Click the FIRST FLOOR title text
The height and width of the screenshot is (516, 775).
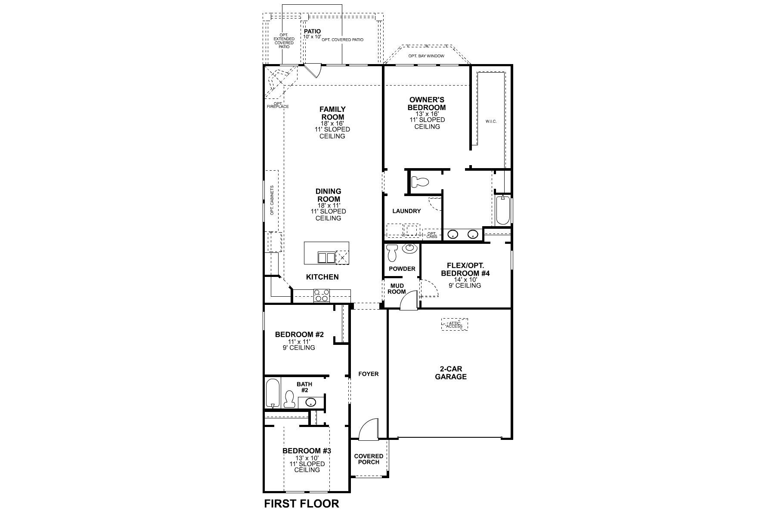tap(301, 503)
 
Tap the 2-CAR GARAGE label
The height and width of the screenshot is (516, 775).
tap(450, 373)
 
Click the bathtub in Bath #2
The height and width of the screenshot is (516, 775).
tap(272, 393)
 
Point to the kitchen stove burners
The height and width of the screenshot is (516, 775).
tap(322, 295)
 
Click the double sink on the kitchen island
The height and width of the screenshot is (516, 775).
tap(326, 258)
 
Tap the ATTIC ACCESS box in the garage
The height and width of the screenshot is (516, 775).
tap(454, 324)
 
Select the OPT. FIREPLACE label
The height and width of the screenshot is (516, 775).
tap(277, 105)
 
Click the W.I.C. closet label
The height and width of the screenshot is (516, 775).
tap(491, 121)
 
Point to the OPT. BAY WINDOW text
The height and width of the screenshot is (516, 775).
tap(427, 56)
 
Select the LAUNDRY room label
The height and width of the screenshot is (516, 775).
tap(406, 211)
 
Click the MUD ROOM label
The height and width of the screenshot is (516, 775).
tap(397, 289)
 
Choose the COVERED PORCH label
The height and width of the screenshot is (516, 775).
tap(369, 459)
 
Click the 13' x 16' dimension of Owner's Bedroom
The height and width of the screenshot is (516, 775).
tap(427, 114)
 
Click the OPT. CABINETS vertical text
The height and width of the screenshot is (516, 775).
tap(272, 200)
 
